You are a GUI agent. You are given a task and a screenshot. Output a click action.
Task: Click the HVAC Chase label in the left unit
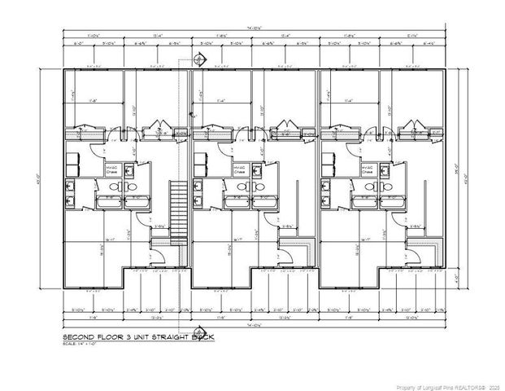point(111,169)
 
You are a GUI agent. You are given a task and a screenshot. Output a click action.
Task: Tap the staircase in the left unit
point(176,207)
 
